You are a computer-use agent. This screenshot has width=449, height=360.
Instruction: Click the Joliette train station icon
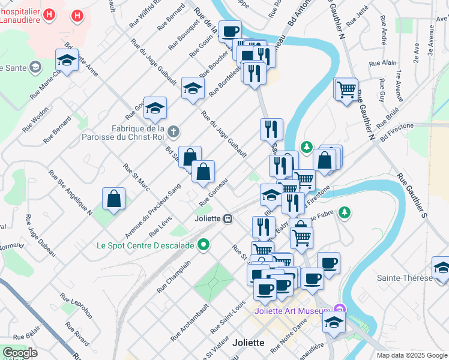228,219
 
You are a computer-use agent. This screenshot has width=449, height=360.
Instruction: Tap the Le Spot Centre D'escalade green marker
203,245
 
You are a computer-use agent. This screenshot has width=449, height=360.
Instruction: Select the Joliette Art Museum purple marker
342,310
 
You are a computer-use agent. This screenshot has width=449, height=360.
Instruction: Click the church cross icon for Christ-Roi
173,131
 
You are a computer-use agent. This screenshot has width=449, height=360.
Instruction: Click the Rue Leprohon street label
75,304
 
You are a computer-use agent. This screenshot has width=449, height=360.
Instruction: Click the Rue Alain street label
383,62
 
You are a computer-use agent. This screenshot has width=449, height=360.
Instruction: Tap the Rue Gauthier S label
411,196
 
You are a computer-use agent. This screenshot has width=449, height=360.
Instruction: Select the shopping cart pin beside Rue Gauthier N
346,90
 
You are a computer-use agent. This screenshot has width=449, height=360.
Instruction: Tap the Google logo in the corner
20,353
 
